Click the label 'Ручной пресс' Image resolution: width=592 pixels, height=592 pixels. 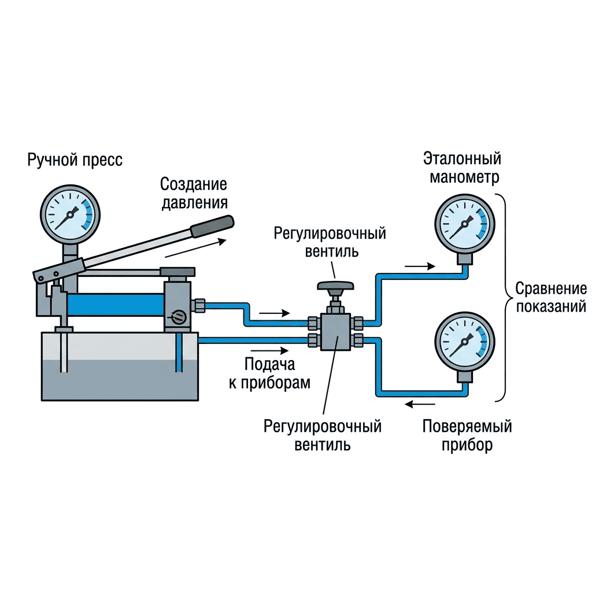pyautogui.click(x=75, y=160)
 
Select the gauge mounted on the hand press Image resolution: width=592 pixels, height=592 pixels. pyautogui.click(x=70, y=214)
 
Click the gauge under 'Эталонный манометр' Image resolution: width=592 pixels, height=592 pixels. pyautogui.click(x=465, y=224)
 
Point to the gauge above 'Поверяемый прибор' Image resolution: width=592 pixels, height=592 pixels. pyautogui.click(x=465, y=341)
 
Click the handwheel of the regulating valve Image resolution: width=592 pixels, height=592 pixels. pyautogui.click(x=335, y=286)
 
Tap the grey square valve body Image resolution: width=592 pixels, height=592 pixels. pyautogui.click(x=335, y=331)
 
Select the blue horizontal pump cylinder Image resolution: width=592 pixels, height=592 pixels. pyautogui.click(x=116, y=305)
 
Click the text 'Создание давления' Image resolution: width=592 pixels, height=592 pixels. pyautogui.click(x=194, y=193)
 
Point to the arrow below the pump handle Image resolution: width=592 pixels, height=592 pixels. pyautogui.click(x=195, y=248)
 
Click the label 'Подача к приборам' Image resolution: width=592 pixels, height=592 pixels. pyautogui.click(x=269, y=373)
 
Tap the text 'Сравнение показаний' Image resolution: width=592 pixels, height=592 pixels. pyautogui.click(x=551, y=298)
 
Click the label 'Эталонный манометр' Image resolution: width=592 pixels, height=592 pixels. pyautogui.click(x=462, y=168)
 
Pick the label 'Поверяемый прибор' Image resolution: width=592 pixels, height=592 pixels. pyautogui.click(x=467, y=435)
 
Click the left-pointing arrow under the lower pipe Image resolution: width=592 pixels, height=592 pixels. pyautogui.click(x=420, y=404)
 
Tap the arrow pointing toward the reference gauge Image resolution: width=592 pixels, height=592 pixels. pyautogui.click(x=420, y=267)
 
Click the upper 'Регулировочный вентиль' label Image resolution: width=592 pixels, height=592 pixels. pyautogui.click(x=330, y=242)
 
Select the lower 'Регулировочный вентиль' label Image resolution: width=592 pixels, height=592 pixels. pyautogui.click(x=323, y=435)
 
